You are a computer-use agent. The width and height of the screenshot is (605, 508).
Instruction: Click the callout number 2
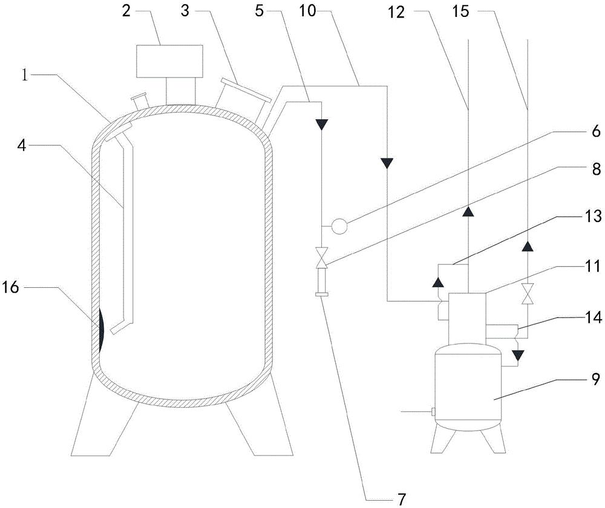point(126,11)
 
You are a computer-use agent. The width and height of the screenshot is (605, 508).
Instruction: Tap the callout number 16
point(10,287)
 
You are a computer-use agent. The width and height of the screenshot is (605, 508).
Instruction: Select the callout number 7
point(401,499)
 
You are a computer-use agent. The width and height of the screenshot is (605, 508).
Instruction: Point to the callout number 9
point(596,380)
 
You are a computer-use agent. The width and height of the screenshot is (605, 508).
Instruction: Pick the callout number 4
point(22,145)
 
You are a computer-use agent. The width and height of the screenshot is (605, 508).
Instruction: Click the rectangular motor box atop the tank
point(169,61)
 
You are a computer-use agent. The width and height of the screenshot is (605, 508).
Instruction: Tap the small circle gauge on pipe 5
point(339,226)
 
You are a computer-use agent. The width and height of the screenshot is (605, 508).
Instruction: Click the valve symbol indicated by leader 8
point(321,258)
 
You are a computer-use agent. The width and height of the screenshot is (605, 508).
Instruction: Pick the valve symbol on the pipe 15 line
point(527,294)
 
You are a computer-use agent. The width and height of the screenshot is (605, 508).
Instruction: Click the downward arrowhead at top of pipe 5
point(321,125)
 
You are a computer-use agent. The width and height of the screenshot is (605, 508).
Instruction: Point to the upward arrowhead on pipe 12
point(468,212)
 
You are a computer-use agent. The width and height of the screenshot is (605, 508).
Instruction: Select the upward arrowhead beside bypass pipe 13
point(437,283)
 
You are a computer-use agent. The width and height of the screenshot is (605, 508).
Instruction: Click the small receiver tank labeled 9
point(468,386)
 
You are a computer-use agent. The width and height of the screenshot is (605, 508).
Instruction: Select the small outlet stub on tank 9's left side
point(433,412)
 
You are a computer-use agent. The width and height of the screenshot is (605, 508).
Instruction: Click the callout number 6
point(596,132)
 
